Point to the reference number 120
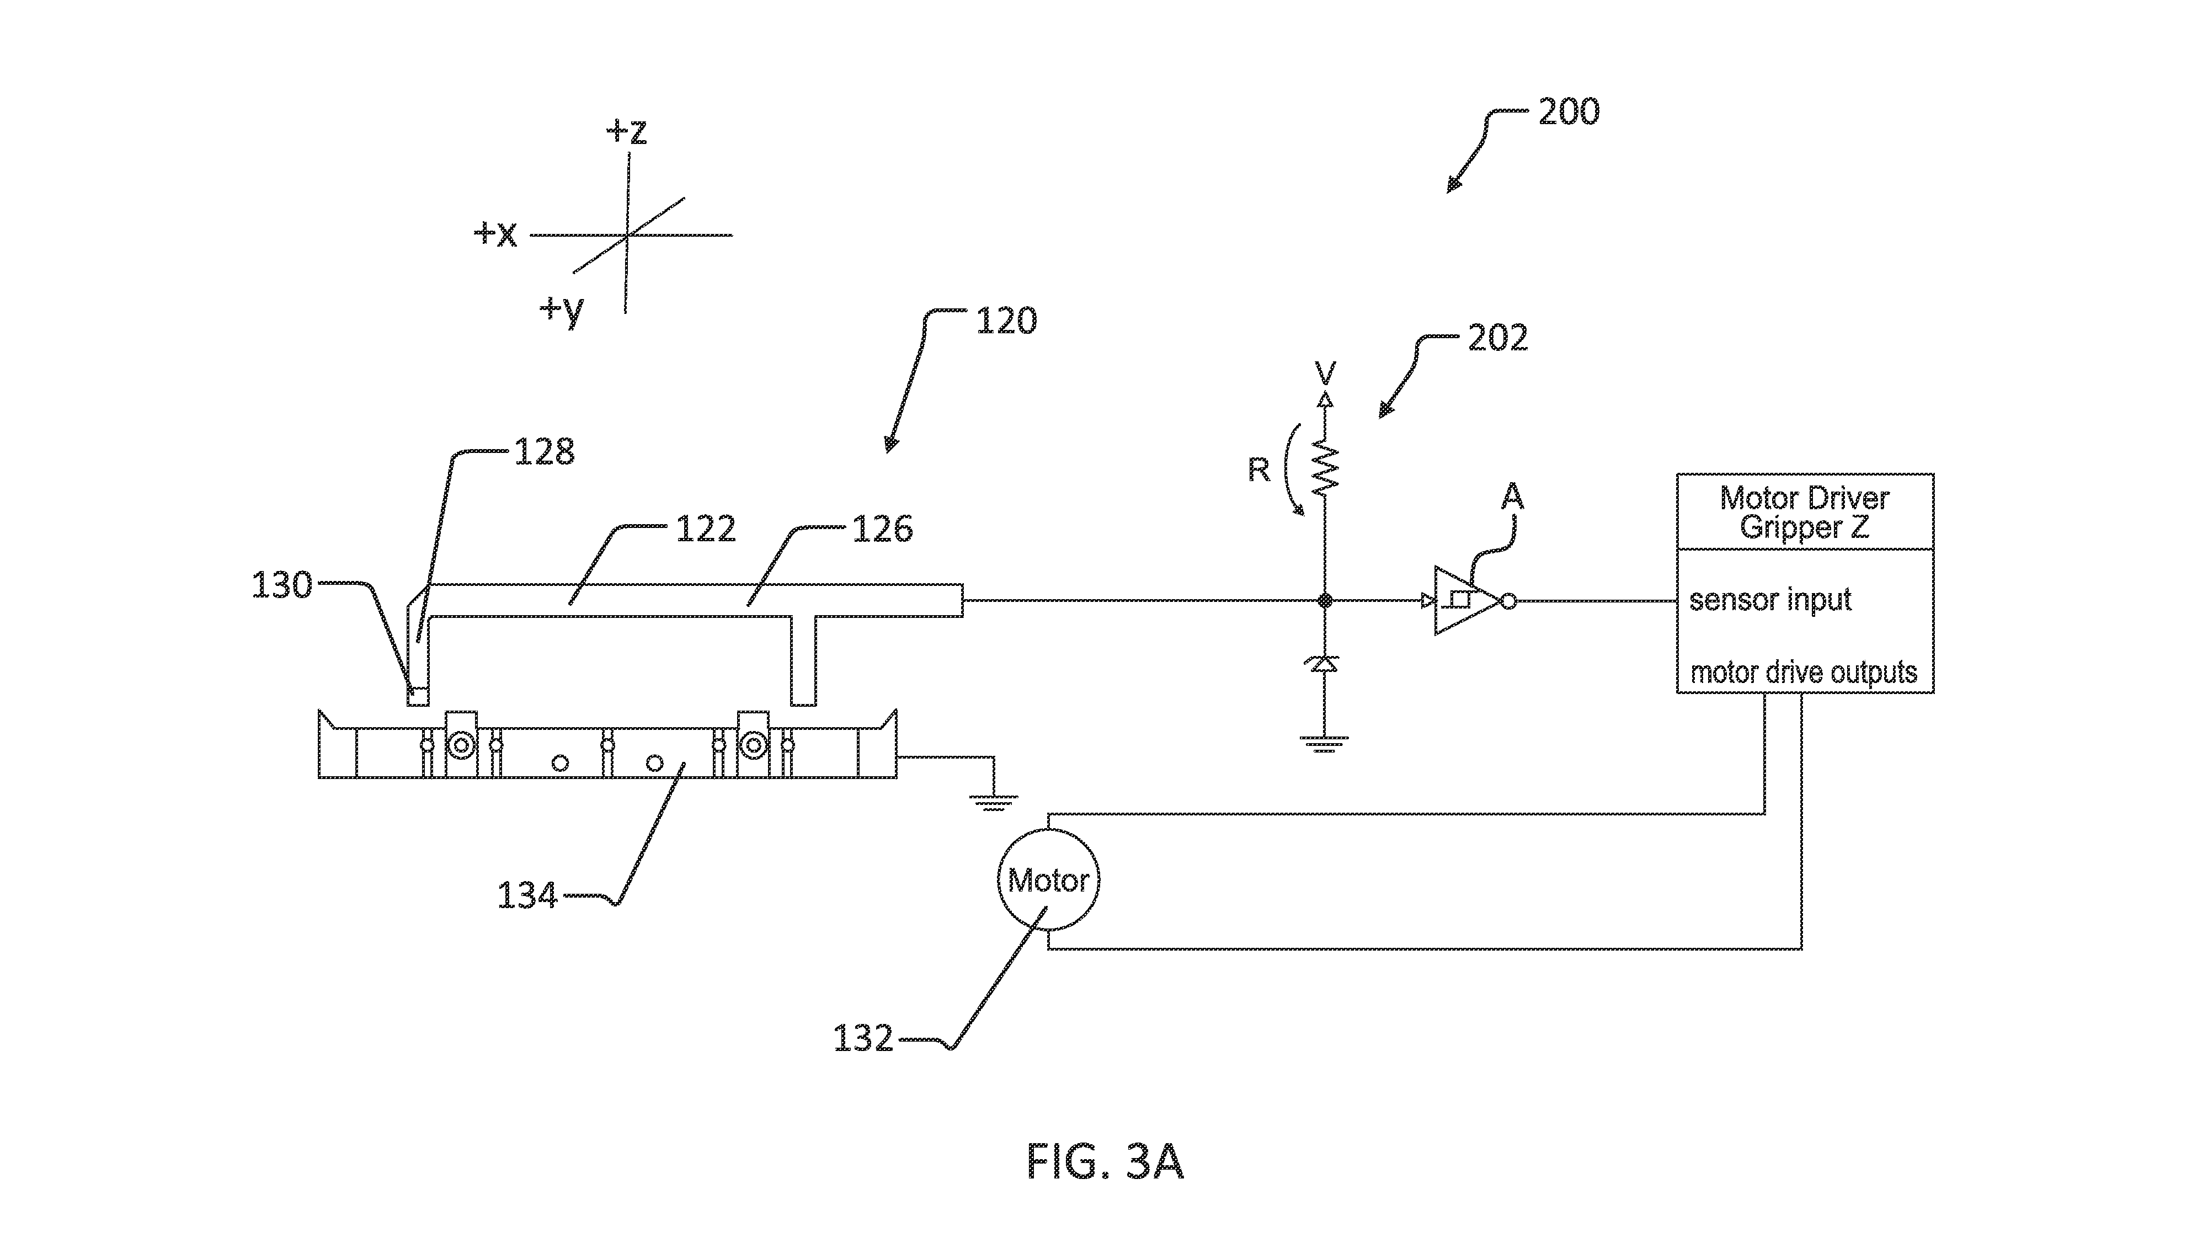(1006, 321)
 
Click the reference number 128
(545, 451)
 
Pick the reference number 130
(282, 585)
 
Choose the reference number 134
(527, 895)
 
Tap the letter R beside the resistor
(1259, 470)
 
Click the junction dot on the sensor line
(1324, 600)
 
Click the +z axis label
(627, 131)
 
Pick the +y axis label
(563, 310)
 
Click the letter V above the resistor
(1325, 373)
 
